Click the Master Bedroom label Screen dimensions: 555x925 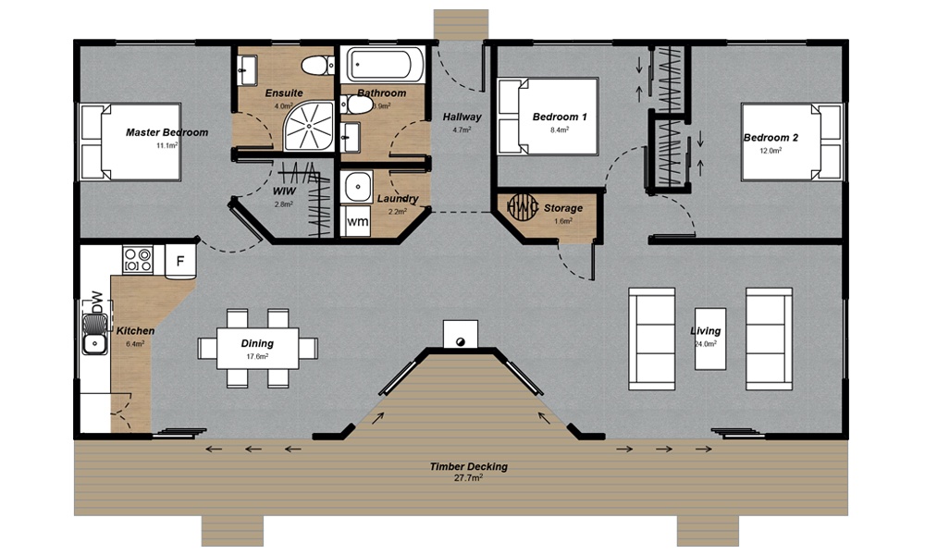tap(166, 132)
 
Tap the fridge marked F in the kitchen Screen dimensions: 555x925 tap(180, 261)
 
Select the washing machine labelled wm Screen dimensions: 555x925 tap(355, 222)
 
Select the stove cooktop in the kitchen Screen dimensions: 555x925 tap(138, 259)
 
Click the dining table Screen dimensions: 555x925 tap(257, 348)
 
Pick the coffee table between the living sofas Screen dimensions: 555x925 tap(709, 337)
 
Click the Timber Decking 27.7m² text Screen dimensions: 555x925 tap(469, 473)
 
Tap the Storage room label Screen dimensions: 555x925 tap(563, 208)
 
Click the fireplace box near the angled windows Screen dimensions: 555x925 tap(460, 334)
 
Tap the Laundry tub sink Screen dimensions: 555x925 tap(356, 188)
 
